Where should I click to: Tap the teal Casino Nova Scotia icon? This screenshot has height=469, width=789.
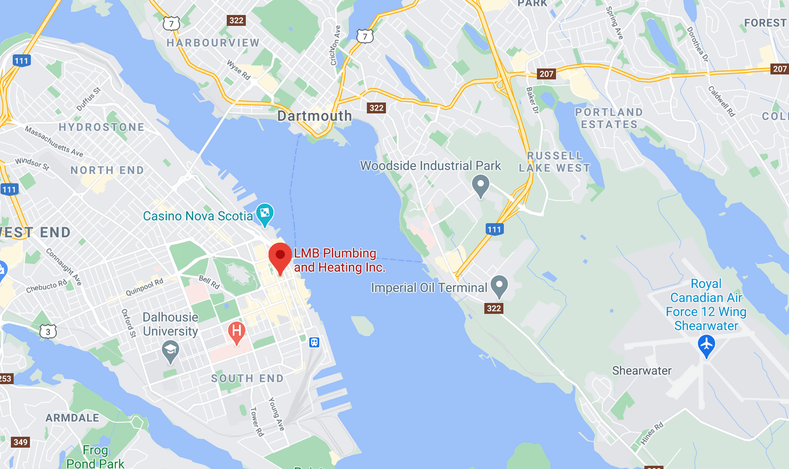[265, 214]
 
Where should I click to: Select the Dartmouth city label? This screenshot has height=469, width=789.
[315, 116]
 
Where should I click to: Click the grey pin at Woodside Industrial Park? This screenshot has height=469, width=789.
[480, 185]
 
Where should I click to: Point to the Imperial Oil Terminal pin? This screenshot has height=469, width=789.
[499, 286]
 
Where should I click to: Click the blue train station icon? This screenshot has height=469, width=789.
[314, 342]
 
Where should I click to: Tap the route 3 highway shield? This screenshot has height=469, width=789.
[48, 331]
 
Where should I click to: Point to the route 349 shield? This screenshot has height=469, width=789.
[20, 442]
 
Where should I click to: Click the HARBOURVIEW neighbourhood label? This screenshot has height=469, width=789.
[213, 43]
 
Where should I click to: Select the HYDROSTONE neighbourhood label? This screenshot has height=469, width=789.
[102, 127]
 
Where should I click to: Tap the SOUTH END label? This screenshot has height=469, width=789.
[248, 378]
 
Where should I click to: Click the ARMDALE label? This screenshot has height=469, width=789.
[72, 418]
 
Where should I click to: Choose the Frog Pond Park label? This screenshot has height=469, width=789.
[95, 457]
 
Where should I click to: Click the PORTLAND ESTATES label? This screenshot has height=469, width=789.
[609, 118]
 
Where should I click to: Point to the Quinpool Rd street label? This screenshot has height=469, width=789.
[144, 287]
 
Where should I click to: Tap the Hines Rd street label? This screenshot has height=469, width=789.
[652, 433]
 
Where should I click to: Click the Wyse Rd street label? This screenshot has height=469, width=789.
[239, 70]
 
